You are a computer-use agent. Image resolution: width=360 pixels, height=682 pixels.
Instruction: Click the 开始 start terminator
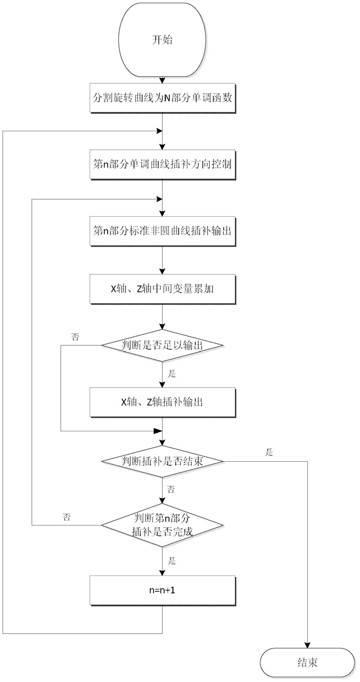point(162,40)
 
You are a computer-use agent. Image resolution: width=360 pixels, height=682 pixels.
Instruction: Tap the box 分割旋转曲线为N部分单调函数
point(163,98)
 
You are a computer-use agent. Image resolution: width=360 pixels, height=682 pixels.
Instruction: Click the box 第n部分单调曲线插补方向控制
point(163,164)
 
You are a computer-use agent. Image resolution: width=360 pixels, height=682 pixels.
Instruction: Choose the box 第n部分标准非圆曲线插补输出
point(163,231)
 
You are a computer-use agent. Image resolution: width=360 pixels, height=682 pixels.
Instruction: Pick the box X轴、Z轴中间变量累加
point(163,289)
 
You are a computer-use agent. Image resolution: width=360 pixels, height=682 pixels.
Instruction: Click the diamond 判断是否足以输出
point(162,345)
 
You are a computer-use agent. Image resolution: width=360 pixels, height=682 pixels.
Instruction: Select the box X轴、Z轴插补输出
point(163,402)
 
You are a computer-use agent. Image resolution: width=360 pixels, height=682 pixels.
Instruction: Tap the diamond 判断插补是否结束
point(162,461)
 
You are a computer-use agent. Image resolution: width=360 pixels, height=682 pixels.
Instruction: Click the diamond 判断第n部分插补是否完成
point(162,525)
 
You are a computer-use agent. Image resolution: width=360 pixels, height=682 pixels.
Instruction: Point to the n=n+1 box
point(163,590)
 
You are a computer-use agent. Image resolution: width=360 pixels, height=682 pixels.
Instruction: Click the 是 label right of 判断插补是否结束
point(269,452)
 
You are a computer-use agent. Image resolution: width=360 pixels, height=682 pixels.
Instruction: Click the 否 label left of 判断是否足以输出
point(75,337)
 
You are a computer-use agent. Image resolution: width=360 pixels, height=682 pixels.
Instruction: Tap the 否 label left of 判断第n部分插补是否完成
point(66,517)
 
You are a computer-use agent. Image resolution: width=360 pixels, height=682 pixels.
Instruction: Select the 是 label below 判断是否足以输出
point(172,374)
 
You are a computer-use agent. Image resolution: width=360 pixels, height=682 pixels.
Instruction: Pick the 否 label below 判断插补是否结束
point(171,489)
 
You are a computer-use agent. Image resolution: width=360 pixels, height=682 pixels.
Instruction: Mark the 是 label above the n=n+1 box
point(172,561)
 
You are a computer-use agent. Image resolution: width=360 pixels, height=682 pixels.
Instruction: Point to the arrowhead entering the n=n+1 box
point(162,572)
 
